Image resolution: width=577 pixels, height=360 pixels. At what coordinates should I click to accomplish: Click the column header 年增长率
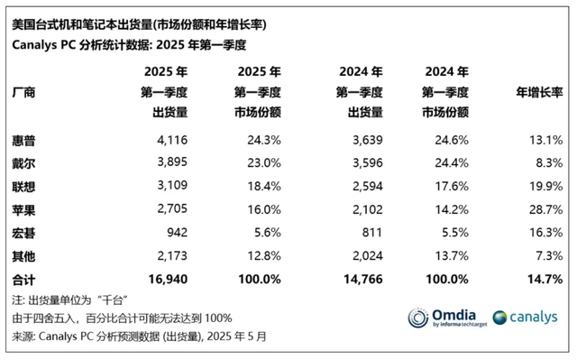coord(539,92)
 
